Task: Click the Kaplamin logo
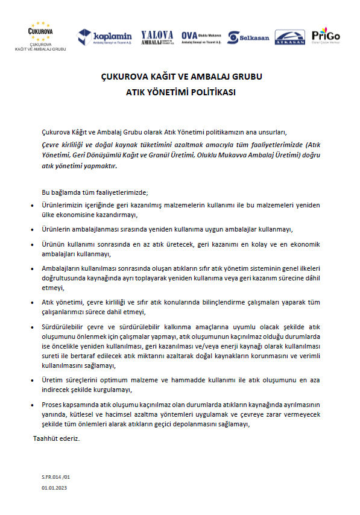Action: point(104,37)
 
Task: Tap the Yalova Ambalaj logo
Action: point(157,37)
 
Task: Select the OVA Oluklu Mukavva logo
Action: point(200,37)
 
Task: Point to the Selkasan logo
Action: point(248,37)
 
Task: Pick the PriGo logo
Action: point(326,36)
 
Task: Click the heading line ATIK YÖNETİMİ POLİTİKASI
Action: point(180,93)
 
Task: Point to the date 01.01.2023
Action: point(55,486)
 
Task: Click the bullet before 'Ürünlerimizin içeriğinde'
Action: point(33,206)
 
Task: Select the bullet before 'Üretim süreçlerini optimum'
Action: point(33,380)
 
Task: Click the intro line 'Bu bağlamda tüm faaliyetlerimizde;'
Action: point(94,192)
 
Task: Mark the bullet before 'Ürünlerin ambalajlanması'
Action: point(33,230)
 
